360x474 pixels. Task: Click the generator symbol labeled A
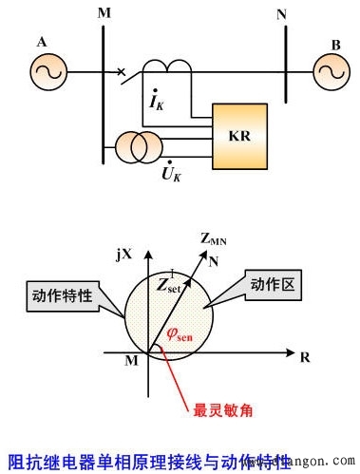(x=47, y=71)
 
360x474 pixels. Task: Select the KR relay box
(x=238, y=134)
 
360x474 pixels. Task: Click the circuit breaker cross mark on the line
(x=121, y=71)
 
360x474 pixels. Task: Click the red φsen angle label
(x=180, y=332)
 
